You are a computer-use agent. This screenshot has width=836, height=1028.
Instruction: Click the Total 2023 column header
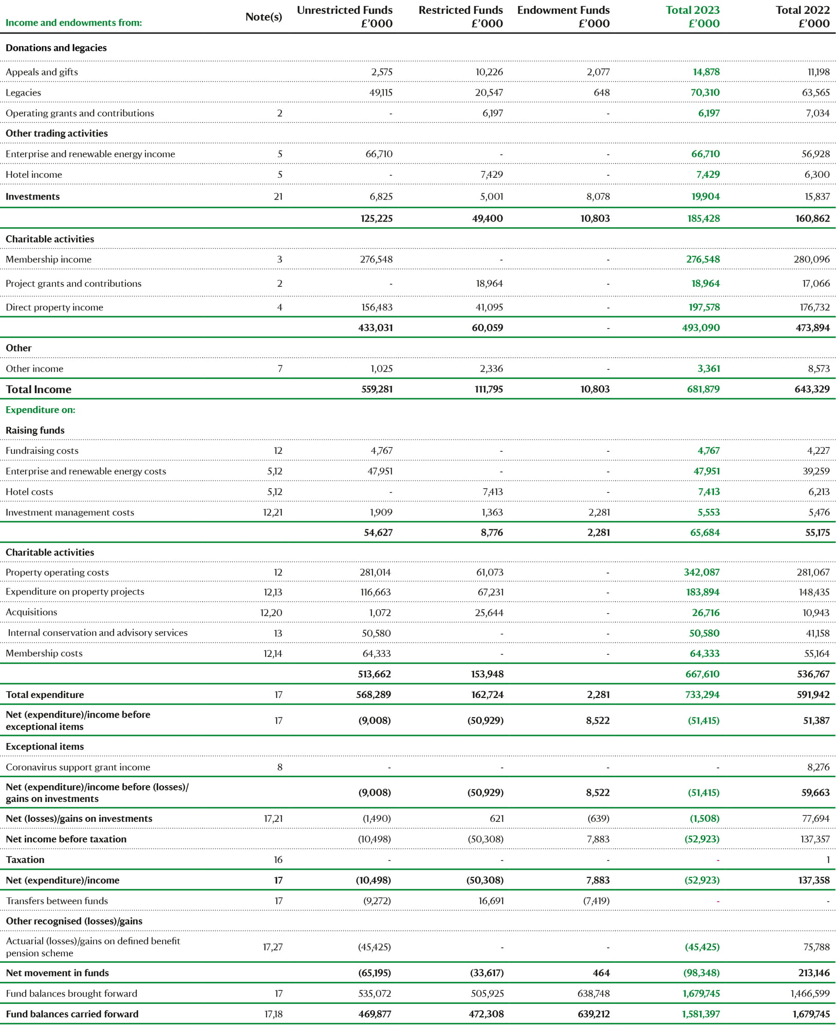pos(693,16)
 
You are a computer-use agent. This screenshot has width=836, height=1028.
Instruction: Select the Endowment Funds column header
pos(563,16)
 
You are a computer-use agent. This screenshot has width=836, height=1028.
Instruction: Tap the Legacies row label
pos(23,93)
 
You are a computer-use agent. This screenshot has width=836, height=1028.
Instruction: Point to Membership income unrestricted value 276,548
pos(376,260)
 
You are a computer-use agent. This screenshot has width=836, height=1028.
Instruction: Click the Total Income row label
pos(39,390)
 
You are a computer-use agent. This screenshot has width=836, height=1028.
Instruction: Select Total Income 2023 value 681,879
pos(703,390)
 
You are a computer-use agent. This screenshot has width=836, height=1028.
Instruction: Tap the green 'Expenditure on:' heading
pos(41,410)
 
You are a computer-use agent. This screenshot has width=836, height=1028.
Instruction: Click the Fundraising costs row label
pos(42,451)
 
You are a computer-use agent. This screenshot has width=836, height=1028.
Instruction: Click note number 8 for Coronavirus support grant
pos(280,767)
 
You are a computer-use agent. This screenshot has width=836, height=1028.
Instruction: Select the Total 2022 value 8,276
pos(819,767)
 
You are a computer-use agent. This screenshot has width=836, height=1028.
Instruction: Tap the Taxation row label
pos(25,860)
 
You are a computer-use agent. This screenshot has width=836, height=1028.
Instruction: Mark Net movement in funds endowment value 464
pos(601,973)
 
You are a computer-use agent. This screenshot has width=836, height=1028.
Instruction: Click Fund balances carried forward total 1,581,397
pos(701,1014)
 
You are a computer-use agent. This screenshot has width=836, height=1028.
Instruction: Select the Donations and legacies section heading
pos(57,48)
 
